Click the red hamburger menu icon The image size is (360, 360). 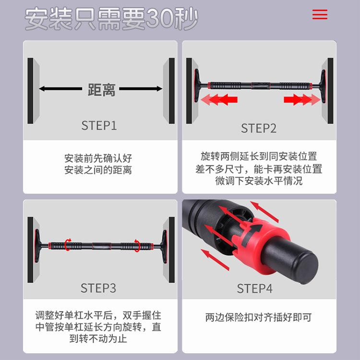(320, 14)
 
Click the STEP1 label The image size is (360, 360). (99, 125)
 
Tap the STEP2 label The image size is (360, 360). (259, 128)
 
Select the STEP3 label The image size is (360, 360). (98, 288)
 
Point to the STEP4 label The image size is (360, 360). (254, 288)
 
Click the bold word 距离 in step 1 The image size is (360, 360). (101, 90)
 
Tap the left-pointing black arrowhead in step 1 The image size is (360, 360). (42, 88)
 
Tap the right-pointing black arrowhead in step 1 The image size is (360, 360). (159, 88)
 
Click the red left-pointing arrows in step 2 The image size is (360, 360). (219, 99)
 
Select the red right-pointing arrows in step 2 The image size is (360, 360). (302, 99)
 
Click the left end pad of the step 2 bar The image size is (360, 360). (196, 86)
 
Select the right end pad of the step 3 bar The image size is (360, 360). (164, 246)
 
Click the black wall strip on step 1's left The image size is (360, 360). (30, 91)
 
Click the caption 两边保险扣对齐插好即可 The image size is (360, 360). (259, 317)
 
